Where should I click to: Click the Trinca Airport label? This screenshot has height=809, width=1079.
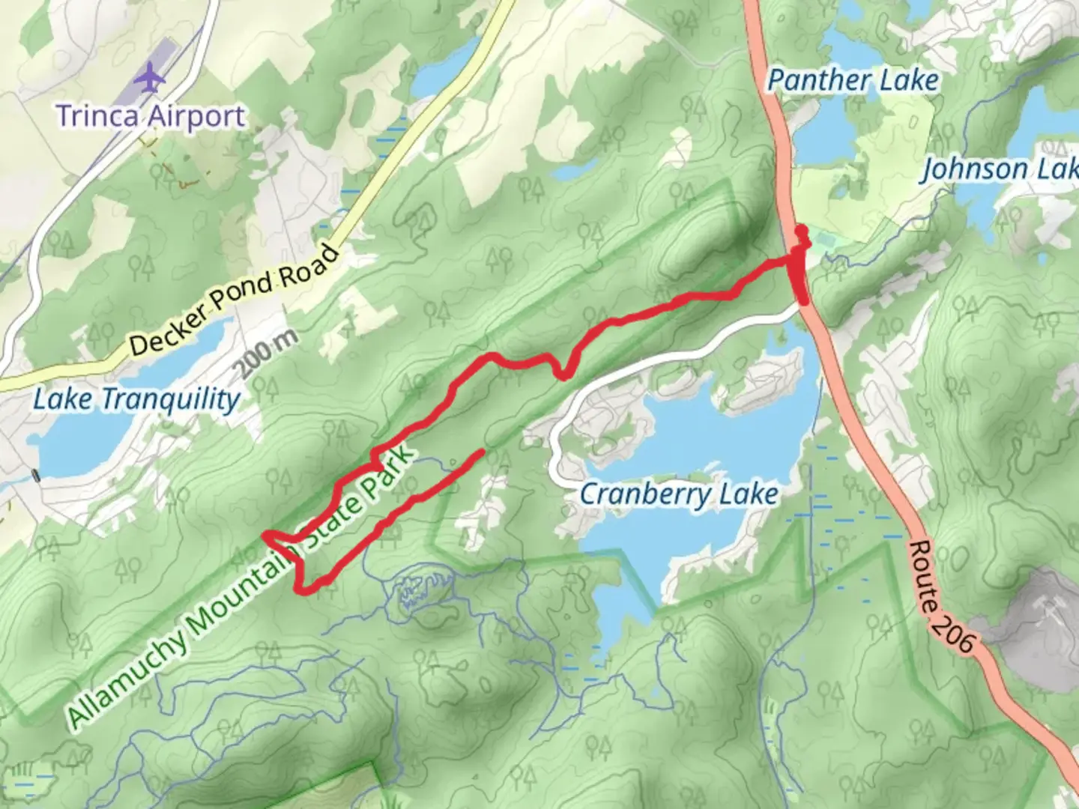(x=151, y=116)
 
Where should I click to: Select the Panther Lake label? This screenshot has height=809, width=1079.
(x=853, y=81)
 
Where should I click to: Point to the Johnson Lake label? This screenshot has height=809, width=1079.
(x=999, y=169)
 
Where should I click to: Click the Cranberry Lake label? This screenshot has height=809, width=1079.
(x=679, y=494)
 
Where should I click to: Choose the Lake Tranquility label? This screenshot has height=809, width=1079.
(x=136, y=399)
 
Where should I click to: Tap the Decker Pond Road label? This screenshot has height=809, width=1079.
(x=234, y=300)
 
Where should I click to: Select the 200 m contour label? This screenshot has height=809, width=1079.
(x=268, y=354)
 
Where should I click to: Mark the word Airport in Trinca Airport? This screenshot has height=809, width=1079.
(x=196, y=116)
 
